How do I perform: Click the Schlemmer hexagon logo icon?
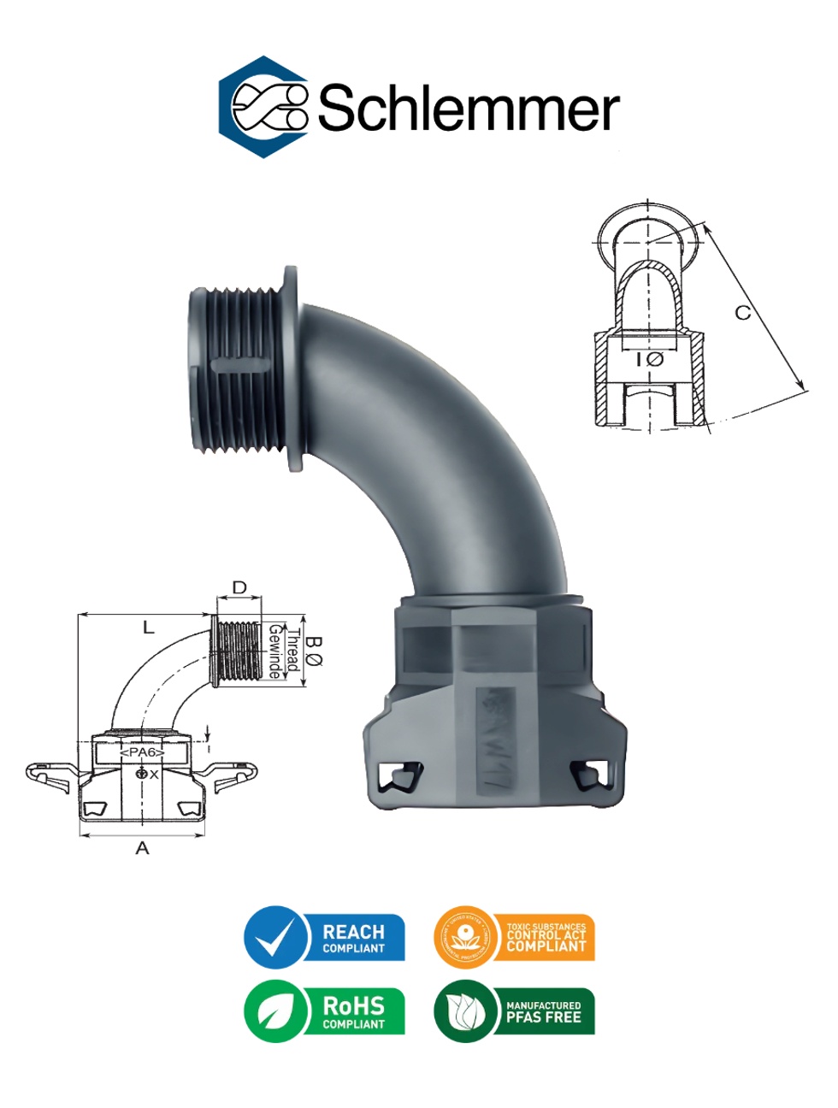click(x=263, y=107)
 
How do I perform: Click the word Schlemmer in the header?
click(x=469, y=109)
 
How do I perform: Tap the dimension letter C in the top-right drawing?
click(x=743, y=313)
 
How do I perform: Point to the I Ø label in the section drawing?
click(x=650, y=359)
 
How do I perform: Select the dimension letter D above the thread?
click(x=239, y=587)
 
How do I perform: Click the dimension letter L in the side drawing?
click(x=149, y=628)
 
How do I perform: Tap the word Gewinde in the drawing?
click(x=275, y=651)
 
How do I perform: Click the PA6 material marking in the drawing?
click(x=142, y=752)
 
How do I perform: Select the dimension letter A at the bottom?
click(x=143, y=847)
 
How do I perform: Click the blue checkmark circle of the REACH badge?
click(x=275, y=937)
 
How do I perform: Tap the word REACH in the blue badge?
click(x=353, y=931)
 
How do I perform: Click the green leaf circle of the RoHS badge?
click(x=275, y=1012)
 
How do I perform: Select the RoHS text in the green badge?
click(x=353, y=1006)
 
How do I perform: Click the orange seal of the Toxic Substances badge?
click(x=465, y=937)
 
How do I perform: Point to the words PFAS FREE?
click(x=543, y=1017)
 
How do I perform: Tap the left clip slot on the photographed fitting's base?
click(x=400, y=776)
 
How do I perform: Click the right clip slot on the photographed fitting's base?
click(x=590, y=775)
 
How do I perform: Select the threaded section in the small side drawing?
click(x=239, y=651)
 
